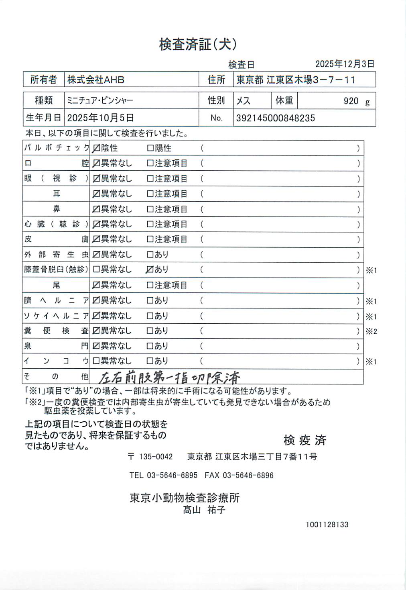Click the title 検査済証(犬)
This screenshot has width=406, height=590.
point(198,44)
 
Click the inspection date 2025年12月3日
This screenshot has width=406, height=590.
point(345,64)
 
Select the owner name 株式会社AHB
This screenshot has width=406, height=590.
point(95,80)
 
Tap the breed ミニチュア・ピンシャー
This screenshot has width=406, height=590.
point(100,100)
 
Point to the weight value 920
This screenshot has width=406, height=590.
point(351,101)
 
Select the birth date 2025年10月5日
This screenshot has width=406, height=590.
point(100,118)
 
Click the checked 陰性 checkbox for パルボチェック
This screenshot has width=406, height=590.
point(96,148)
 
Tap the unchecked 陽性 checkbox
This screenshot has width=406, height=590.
point(150,148)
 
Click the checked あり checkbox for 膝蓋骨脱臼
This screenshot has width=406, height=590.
point(150,269)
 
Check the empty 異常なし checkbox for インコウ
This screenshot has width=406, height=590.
point(96,361)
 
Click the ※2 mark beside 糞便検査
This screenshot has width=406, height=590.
point(371,331)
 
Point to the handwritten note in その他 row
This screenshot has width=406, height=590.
point(169,377)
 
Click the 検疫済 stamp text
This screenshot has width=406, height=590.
point(305,440)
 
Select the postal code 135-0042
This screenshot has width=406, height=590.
point(156,457)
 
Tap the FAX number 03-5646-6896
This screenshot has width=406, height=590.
point(248,475)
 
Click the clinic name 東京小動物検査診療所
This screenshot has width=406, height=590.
point(185,498)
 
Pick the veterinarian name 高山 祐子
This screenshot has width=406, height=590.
point(204,510)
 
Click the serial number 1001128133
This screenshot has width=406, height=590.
point(327,525)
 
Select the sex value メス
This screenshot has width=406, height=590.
point(243,101)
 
